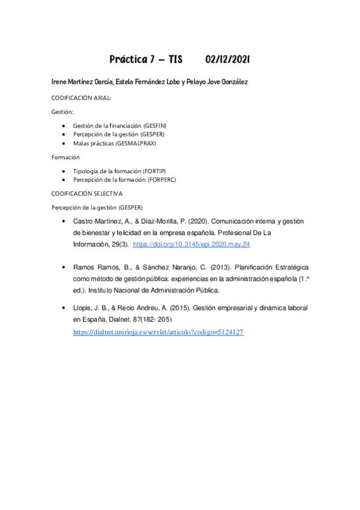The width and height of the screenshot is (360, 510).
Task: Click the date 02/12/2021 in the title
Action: [227, 60]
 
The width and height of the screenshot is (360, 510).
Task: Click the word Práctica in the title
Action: [128, 60]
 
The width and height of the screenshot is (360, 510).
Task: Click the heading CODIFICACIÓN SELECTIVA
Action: [87, 194]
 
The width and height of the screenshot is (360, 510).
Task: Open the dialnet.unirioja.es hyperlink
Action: [158, 331]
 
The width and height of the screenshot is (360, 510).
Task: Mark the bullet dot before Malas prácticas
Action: [65, 144]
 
